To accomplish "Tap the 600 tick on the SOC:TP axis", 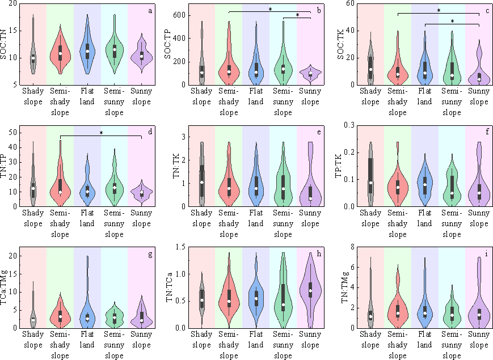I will pyautogui.click(x=182, y=14).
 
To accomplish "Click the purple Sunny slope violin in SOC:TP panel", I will pyautogui.click(x=310, y=73).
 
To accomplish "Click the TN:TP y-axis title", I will pyautogui.click(x=5, y=166).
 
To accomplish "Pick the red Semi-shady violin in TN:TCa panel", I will pyautogui.click(x=229, y=295).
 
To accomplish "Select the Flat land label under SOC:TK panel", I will pyautogui.click(x=424, y=97).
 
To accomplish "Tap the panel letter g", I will pyautogui.click(x=150, y=254).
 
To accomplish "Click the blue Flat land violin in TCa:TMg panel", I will pyautogui.click(x=87, y=309).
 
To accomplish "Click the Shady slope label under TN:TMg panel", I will pyautogui.click(x=370, y=340).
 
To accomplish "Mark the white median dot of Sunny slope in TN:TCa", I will pyautogui.click(x=310, y=291).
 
